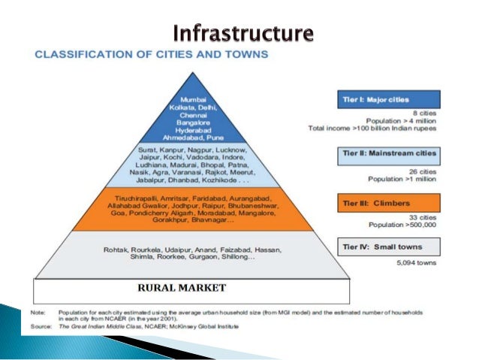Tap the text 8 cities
(426, 112)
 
